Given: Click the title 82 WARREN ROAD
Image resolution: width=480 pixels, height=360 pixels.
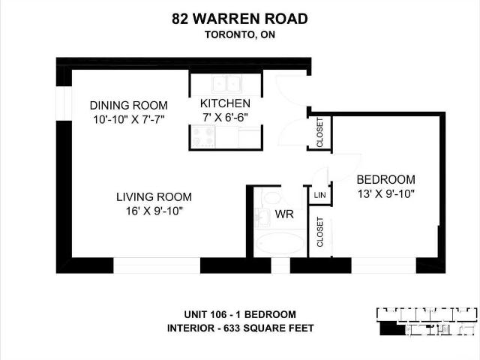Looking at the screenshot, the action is tap(240, 19).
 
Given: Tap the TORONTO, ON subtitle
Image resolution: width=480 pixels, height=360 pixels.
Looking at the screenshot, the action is tap(240, 35).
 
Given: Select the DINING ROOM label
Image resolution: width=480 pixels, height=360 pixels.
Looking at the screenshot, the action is tap(128, 105).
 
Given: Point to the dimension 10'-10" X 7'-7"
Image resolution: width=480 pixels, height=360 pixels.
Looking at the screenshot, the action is tap(129, 119).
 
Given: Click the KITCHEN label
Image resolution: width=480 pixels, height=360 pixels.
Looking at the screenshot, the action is tap(225, 103).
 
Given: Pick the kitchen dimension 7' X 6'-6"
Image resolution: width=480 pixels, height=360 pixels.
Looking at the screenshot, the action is tap(225, 117).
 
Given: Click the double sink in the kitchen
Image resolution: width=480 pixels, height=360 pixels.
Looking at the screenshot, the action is tap(226, 83).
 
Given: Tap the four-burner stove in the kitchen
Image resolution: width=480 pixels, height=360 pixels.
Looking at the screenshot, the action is tap(202, 136).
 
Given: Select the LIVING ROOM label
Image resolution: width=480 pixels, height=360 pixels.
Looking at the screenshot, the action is tap(154, 196).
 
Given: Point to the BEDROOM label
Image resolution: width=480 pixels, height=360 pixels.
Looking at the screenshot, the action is tap(385, 179).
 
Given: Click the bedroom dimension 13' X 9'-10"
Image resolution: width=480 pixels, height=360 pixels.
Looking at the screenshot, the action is tap(385, 193).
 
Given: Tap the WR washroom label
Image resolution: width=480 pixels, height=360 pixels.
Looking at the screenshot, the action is tap(284, 214).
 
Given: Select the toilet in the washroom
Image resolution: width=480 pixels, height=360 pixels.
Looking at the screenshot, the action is tap(271, 197).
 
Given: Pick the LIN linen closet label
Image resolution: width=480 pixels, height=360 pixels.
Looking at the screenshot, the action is tap(319, 195).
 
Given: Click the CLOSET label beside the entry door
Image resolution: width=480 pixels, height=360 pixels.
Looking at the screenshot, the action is tap(319, 133).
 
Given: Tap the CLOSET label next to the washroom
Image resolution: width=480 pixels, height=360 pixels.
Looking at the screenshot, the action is tap(319, 232).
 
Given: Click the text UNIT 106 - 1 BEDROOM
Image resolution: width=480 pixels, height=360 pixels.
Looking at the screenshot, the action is tap(240, 314).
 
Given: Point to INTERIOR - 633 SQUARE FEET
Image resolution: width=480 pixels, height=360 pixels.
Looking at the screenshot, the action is tap(240, 328).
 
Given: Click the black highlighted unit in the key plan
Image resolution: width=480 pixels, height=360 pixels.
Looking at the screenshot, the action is tap(391, 328).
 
